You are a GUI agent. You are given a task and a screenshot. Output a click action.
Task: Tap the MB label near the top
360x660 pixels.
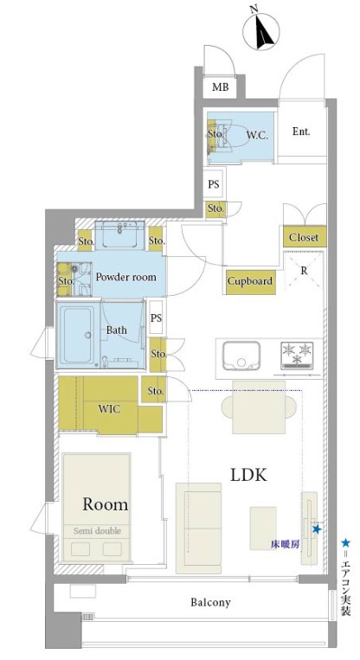click(220, 87)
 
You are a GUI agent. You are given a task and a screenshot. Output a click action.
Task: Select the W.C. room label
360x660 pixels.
click(257, 135)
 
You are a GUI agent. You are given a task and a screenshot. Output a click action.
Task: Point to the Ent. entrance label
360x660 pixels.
click(301, 131)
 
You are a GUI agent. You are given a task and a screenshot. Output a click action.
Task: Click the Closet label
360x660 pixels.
click(304, 237)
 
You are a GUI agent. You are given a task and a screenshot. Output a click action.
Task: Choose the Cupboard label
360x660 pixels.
click(250, 281)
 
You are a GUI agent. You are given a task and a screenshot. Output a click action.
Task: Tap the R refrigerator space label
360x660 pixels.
click(304, 272)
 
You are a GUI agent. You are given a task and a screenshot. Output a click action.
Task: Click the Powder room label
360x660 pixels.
click(125, 277)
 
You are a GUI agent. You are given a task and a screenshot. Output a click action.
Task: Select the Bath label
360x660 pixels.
click(117, 330)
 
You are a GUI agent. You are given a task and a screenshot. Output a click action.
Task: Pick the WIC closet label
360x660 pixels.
click(109, 408)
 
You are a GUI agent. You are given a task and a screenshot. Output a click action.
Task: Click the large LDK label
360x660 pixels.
click(248, 475)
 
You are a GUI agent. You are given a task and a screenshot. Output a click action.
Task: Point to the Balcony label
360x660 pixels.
click(210, 602)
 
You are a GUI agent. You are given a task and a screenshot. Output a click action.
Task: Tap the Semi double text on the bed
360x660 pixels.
click(97, 531)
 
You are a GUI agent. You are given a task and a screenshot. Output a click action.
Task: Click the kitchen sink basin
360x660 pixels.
click(241, 356)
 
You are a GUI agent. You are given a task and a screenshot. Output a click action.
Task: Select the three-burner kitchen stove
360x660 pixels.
click(298, 356)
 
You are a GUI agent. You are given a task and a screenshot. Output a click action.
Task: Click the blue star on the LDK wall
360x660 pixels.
click(316, 529)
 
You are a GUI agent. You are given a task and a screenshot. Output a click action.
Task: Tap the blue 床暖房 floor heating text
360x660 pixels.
click(285, 544)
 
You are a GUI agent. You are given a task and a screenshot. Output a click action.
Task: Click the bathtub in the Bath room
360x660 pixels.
click(77, 335)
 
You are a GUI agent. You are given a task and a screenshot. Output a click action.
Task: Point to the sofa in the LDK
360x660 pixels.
click(199, 528)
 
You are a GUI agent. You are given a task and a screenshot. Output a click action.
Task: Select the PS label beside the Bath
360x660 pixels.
click(157, 317)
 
